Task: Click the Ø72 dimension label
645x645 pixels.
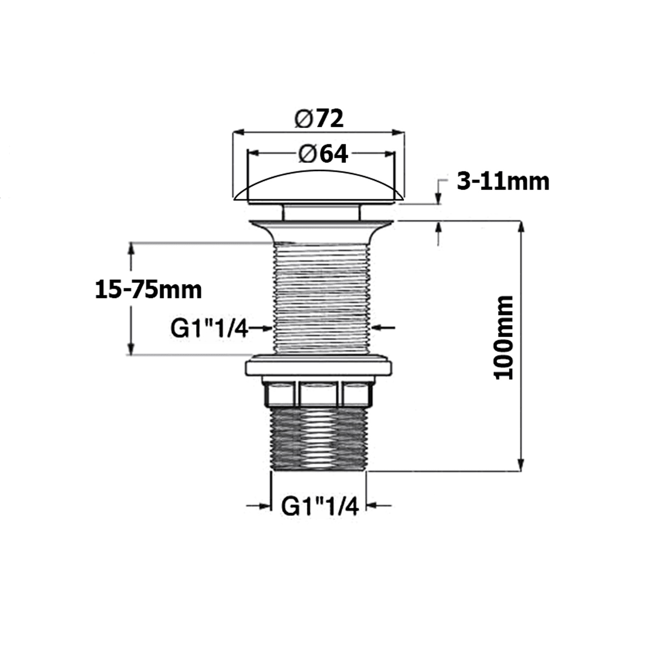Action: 319,119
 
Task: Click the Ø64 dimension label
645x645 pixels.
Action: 322,154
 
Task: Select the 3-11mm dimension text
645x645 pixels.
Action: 503,181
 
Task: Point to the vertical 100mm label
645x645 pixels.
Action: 504,338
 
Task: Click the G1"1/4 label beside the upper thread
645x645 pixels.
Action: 209,329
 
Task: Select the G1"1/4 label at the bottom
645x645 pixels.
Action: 319,507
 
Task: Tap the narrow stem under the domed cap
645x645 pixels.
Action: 320,212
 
